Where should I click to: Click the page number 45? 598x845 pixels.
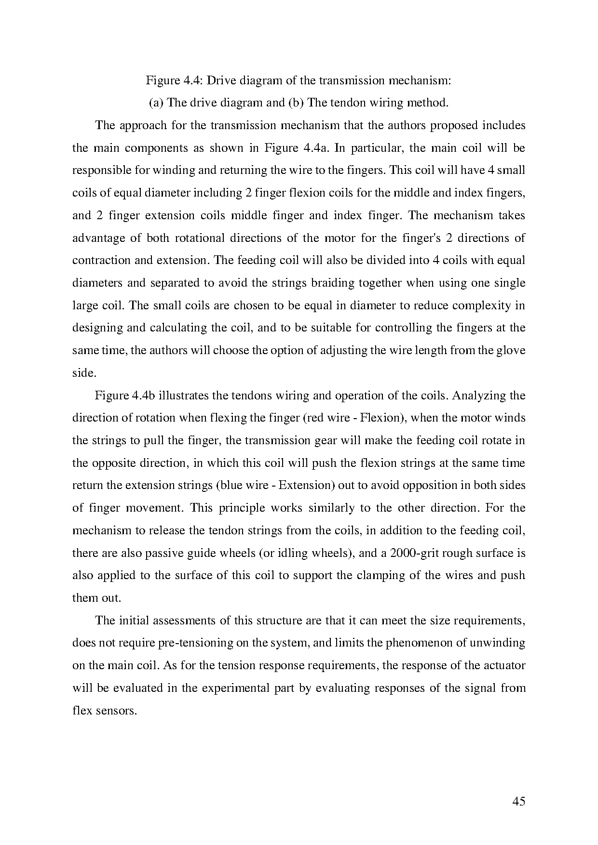point(518,801)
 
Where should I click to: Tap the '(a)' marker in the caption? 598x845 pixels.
point(155,103)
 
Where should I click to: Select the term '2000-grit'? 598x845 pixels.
point(411,553)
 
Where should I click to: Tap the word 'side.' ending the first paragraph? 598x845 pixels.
point(84,373)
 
